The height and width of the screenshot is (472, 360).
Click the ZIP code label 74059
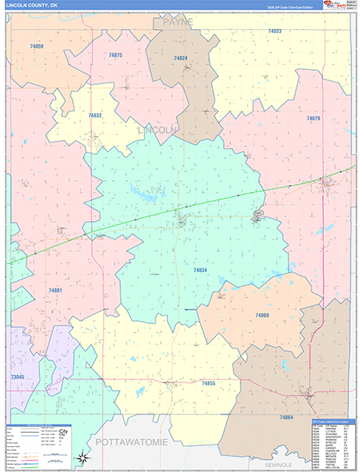[36, 47]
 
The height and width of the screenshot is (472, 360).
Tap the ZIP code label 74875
[116, 55]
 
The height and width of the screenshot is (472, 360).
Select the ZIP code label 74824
[181, 58]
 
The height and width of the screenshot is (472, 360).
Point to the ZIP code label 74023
[274, 31]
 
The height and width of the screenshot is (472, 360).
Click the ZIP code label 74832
[94, 115]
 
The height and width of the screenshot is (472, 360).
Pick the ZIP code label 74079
[313, 118]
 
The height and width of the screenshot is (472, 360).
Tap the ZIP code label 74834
[200, 270]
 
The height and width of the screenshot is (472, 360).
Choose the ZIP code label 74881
[55, 290]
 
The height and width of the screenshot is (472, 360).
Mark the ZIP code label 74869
[262, 315]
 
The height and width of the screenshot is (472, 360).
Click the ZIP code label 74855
[208, 382]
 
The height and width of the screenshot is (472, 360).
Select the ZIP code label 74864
[286, 417]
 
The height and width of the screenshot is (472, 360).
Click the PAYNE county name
[178, 23]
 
